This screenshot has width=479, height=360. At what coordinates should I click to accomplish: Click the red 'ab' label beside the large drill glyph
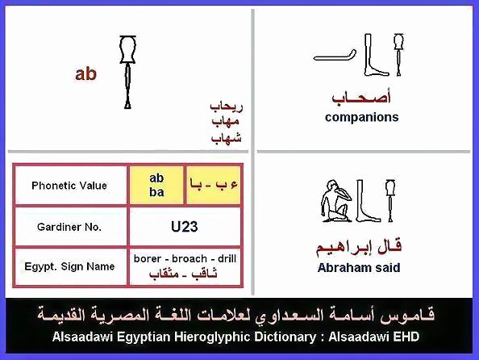coord(85,74)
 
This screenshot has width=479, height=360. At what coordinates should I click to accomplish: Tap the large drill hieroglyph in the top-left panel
coord(127,72)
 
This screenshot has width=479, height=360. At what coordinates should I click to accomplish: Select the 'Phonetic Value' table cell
coord(69,186)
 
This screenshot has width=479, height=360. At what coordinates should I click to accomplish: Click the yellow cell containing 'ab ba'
coord(156,185)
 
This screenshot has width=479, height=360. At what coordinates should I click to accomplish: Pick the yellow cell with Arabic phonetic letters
coord(213,185)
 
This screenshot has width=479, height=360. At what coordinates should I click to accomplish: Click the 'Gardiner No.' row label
coord(69,227)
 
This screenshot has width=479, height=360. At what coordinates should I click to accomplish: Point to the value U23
coord(184,227)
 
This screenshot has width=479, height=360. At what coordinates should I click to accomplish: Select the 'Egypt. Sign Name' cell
coord(69,266)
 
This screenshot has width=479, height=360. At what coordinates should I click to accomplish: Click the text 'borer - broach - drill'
coord(185,259)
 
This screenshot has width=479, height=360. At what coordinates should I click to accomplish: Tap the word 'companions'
coord(362,117)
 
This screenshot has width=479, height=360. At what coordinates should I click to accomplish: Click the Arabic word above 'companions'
coord(362,98)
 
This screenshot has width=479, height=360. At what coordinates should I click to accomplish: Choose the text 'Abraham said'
coord(359,268)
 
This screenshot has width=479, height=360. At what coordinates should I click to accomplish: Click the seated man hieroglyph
coord(335,201)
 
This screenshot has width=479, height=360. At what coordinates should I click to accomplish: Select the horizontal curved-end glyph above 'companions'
coord(335,56)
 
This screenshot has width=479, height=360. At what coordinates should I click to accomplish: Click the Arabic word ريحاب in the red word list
coord(227,107)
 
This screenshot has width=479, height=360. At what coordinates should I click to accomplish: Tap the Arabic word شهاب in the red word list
coord(227,137)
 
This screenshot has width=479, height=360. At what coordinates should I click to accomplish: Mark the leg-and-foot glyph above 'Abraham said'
coord(368,201)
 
